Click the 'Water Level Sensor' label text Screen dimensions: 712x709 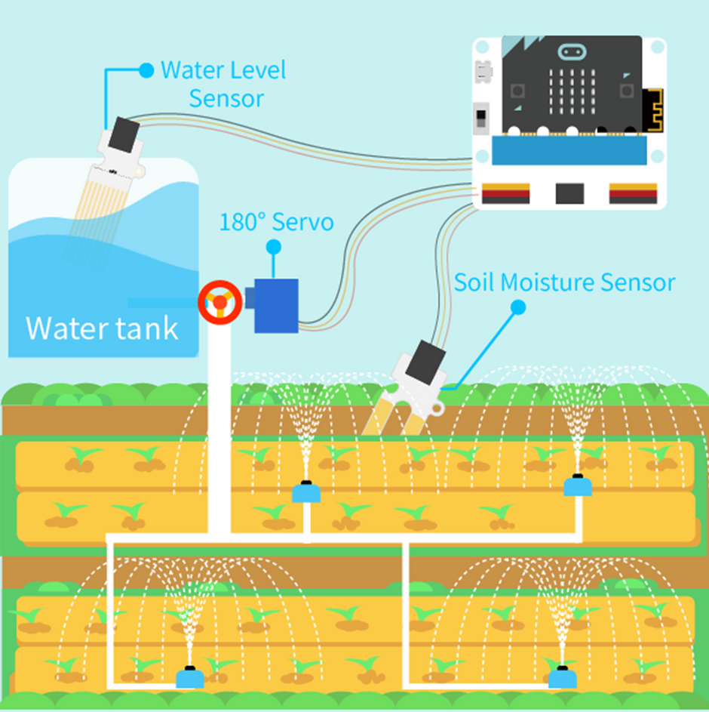pos(223,84)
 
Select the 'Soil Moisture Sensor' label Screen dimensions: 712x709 pos(564,282)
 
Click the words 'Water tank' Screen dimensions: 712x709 pos(102,328)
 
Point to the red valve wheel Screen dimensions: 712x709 pos(219,303)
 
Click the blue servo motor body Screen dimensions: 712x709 pos(276,305)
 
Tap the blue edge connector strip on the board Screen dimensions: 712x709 pos(570,151)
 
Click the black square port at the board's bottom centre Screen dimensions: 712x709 pos(570,193)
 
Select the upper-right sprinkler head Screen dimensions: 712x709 pos(578,485)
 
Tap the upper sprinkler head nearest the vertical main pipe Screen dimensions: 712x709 pos(306,492)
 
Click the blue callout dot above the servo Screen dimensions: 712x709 pos(274,246)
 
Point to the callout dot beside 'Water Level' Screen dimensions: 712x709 pos(146,70)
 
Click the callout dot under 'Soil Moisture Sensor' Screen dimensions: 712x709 pos(517,307)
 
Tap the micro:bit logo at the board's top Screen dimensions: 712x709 pos(572,52)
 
